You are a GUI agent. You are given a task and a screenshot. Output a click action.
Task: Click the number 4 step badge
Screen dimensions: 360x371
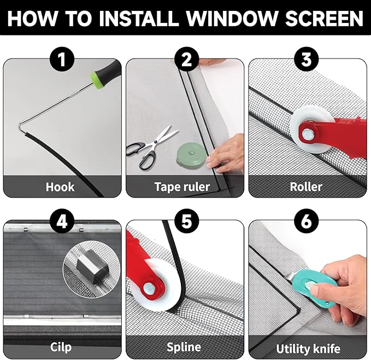(62, 222)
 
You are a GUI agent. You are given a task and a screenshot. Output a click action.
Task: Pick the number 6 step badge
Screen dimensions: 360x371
(308, 222)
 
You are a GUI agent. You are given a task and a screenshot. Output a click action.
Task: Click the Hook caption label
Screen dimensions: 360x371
(60, 187)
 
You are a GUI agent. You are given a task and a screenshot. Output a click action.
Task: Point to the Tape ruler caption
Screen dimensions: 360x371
(182, 187)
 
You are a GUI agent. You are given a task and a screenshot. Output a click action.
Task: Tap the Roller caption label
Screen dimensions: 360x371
(306, 187)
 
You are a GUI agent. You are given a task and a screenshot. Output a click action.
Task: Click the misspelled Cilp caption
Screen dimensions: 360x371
(60, 347)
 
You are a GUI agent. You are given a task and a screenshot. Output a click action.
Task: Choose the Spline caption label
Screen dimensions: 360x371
(184, 347)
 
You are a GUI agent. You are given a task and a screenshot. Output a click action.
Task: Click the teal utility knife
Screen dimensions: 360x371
(317, 287)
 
